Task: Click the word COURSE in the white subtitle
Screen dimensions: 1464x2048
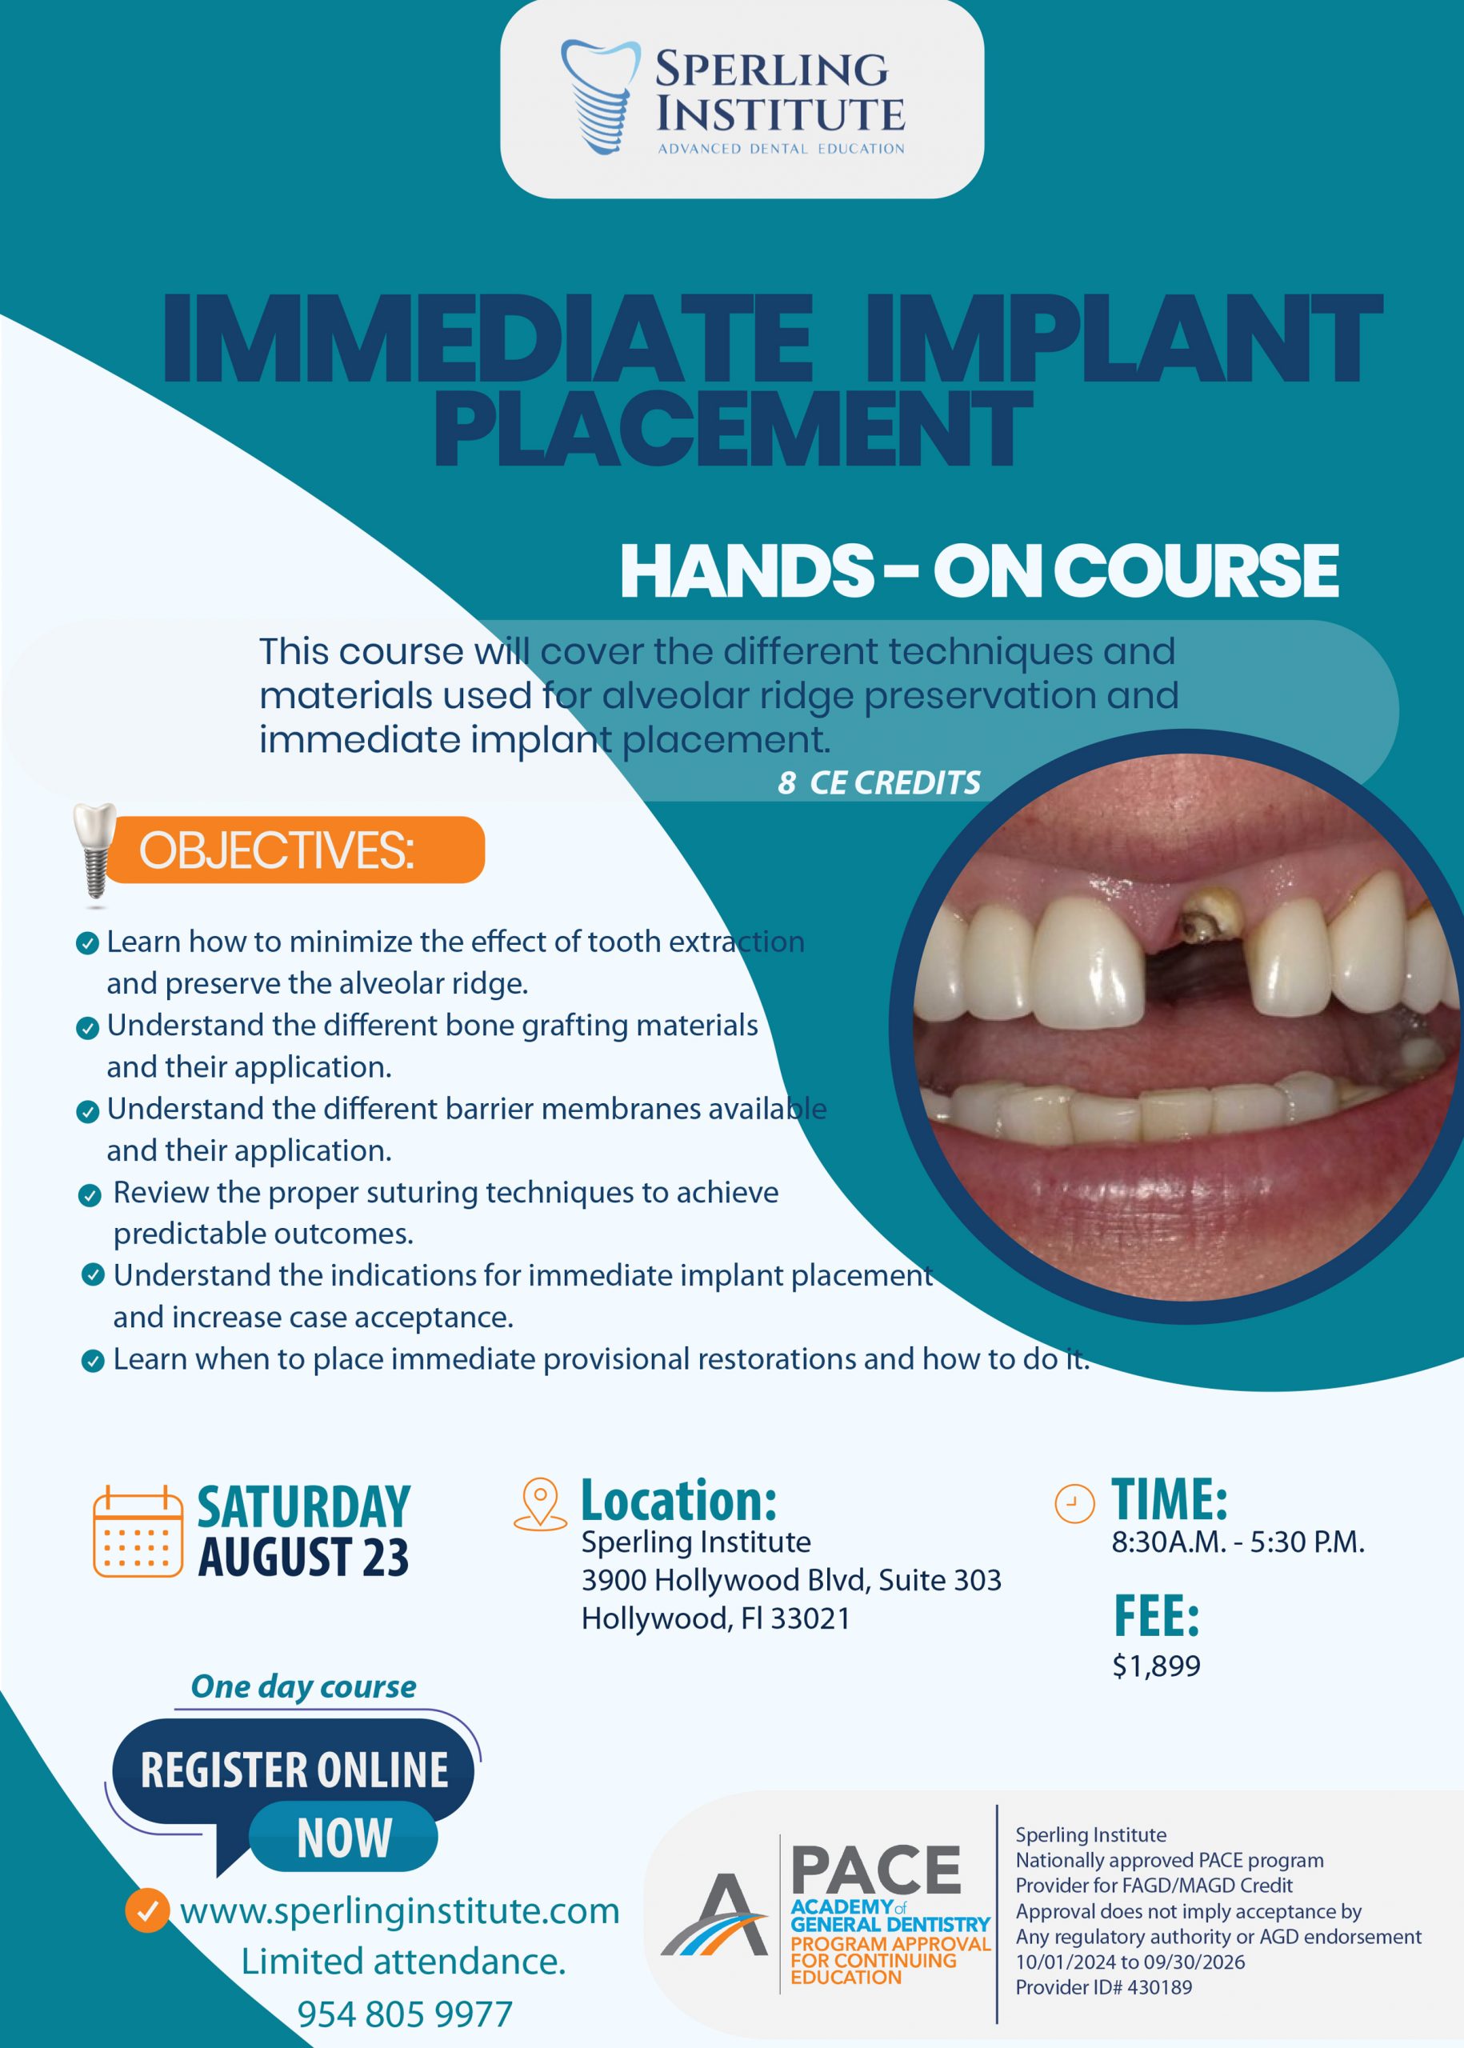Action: click(x=1196, y=570)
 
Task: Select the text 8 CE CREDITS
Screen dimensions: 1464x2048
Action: click(x=879, y=782)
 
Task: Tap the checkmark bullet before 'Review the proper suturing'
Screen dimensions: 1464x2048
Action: click(x=90, y=1196)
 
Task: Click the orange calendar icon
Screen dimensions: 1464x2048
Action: click(x=138, y=1530)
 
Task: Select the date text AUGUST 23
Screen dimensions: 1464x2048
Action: click(x=303, y=1557)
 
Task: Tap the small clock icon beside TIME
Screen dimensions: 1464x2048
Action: click(x=1074, y=1503)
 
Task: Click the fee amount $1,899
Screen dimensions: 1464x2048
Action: click(x=1157, y=1665)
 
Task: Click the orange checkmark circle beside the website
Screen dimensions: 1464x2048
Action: click(x=147, y=1910)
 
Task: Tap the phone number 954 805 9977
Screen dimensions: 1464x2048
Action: click(x=405, y=2014)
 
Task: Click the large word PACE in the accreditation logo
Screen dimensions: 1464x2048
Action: click(x=876, y=1869)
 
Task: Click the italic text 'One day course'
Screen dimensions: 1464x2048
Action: click(x=304, y=1686)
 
